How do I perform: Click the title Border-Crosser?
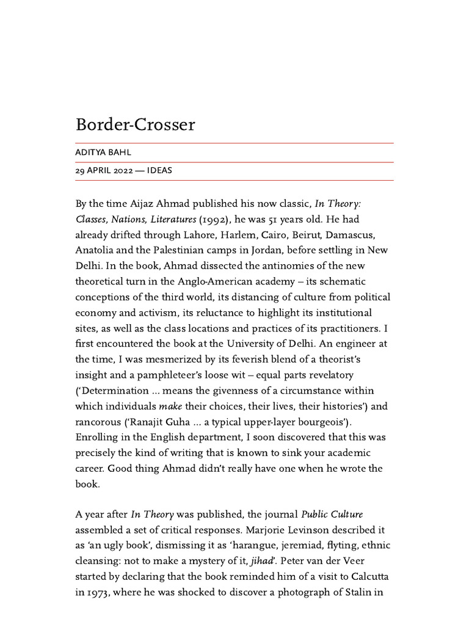click(x=135, y=125)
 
